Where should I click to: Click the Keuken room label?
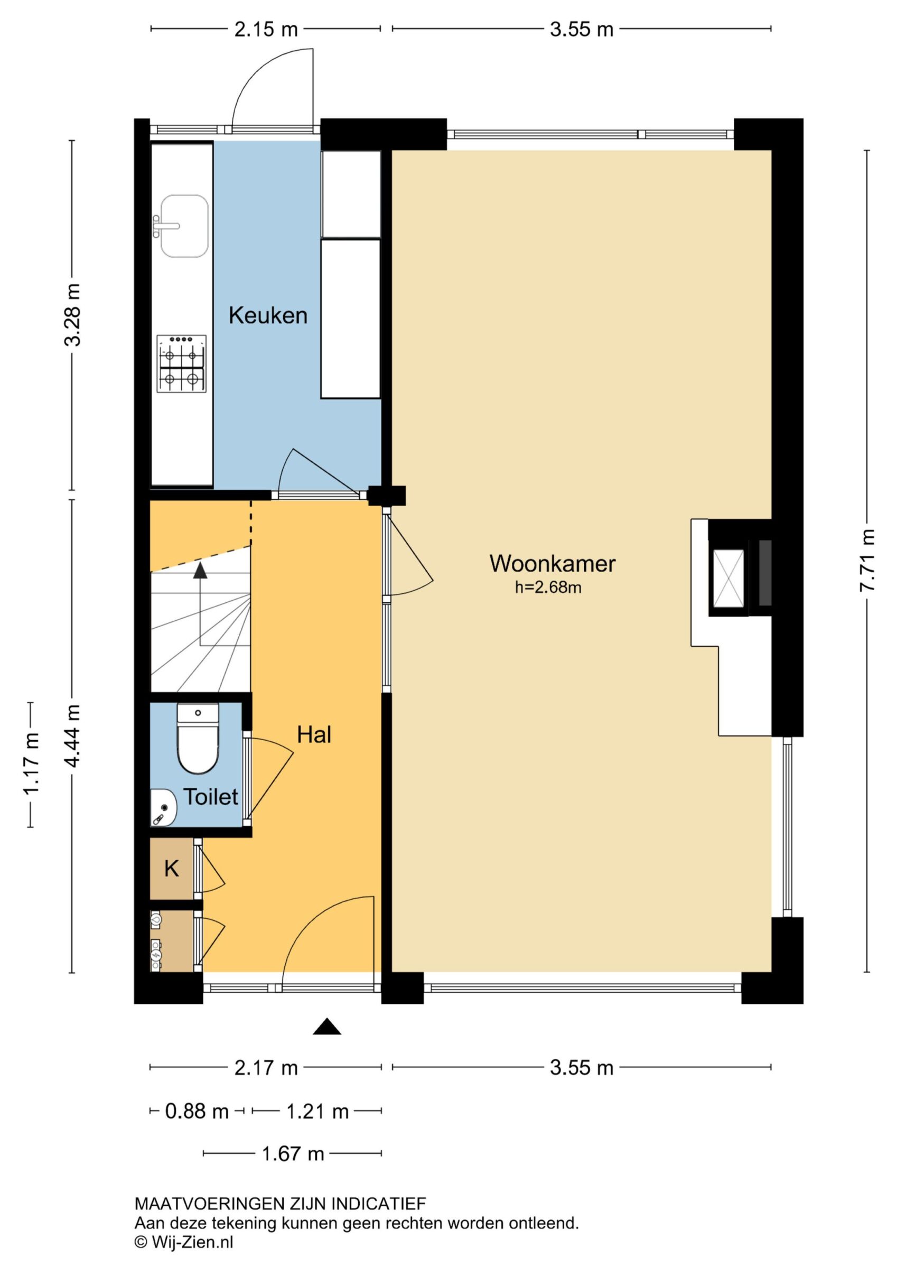(x=268, y=315)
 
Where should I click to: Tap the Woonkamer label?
(x=552, y=563)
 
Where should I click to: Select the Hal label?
(x=314, y=734)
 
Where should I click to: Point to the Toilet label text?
(x=210, y=796)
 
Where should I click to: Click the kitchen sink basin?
(x=184, y=227)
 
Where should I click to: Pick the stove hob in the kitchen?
(x=181, y=363)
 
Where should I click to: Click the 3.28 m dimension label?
(x=72, y=315)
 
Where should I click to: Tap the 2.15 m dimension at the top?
(x=266, y=29)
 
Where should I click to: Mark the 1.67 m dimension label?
(x=293, y=1154)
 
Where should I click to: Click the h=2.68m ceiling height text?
(x=548, y=587)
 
